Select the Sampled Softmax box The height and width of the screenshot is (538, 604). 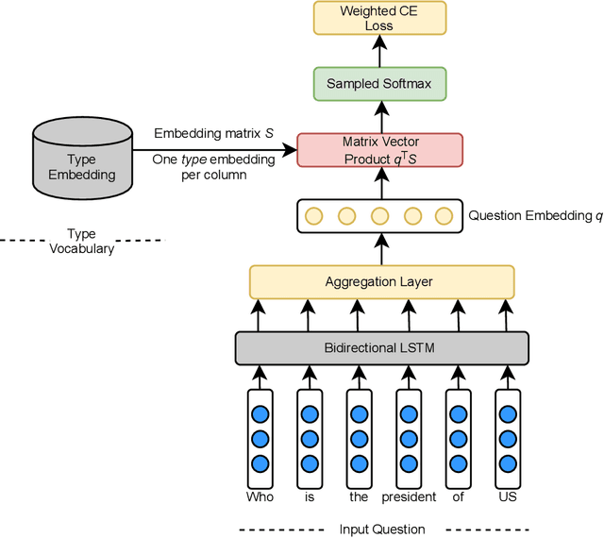379,83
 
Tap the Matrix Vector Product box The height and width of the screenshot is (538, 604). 379,149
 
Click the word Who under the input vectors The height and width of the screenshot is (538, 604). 260,496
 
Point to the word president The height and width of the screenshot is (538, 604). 409,496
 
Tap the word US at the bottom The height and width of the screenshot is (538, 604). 508,496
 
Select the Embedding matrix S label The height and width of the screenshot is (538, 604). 213,134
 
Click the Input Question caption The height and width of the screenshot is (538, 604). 382,529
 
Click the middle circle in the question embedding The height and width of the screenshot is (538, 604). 380,216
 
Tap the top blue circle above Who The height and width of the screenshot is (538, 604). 260,413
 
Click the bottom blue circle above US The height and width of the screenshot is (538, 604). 508,462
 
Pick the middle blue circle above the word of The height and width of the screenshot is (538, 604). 459,438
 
